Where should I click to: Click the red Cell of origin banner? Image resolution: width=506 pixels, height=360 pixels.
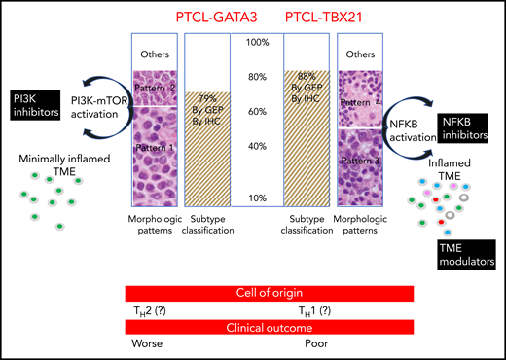[270, 293]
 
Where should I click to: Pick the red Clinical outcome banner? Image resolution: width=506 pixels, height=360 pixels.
[270, 329]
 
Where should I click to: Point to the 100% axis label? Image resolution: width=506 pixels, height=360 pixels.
[257, 43]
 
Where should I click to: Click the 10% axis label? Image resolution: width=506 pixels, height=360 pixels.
[257, 198]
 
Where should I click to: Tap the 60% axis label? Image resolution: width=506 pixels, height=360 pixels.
[257, 112]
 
